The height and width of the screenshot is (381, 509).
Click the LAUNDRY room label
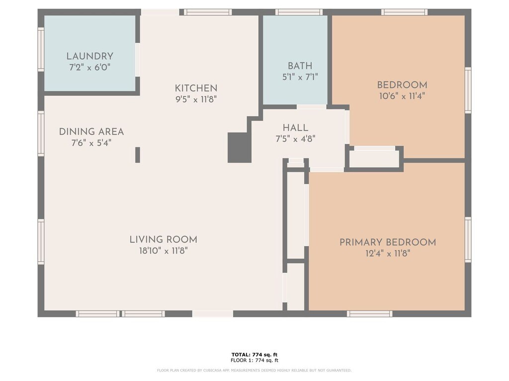(x=90, y=57)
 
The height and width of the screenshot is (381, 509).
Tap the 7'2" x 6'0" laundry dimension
(x=90, y=67)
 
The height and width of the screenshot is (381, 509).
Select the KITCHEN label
(x=196, y=88)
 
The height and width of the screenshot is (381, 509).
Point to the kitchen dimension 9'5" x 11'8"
(x=196, y=99)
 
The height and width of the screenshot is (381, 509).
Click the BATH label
(x=300, y=66)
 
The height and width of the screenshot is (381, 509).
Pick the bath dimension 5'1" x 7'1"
(x=300, y=77)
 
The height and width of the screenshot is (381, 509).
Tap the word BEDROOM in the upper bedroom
(x=402, y=85)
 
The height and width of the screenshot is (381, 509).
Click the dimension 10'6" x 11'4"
(x=402, y=96)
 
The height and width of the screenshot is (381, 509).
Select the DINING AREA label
(x=91, y=132)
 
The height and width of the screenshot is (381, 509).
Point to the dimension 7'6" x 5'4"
(x=91, y=143)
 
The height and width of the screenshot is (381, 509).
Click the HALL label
(x=295, y=128)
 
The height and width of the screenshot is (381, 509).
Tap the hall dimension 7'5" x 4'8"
(x=295, y=139)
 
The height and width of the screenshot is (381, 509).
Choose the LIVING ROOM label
(x=163, y=240)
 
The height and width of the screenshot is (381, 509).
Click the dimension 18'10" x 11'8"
(x=163, y=251)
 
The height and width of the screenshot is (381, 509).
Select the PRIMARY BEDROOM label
(x=388, y=242)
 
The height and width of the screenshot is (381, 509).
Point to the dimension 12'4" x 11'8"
(x=388, y=254)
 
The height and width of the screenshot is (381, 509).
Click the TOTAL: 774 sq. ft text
(x=254, y=355)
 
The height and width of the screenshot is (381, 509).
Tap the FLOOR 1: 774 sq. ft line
(x=254, y=360)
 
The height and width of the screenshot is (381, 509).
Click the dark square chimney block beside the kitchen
(x=240, y=147)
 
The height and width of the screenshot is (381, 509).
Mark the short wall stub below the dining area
(x=138, y=155)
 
